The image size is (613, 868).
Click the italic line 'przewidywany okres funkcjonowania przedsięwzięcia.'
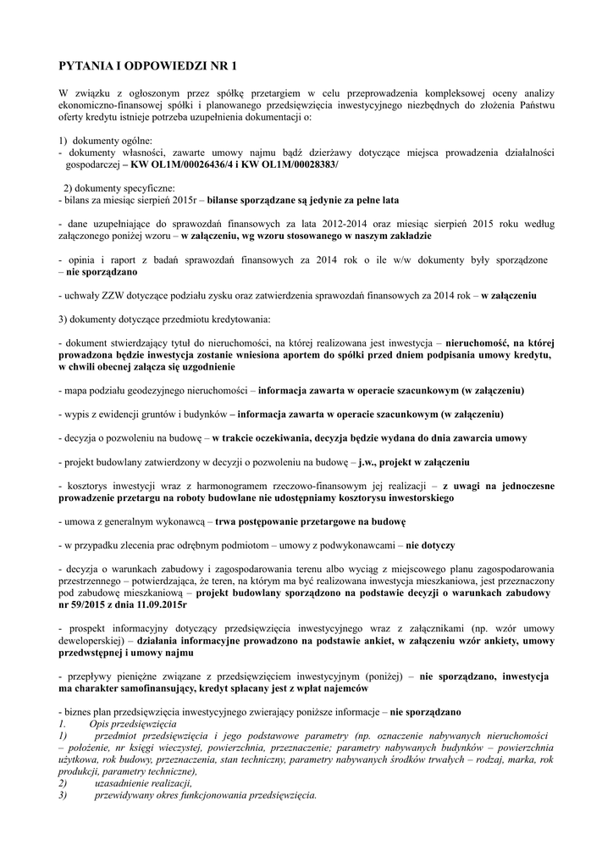pos(206,796)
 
